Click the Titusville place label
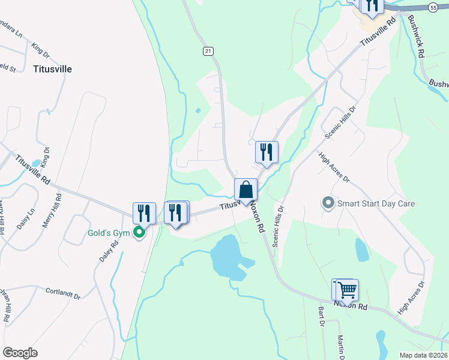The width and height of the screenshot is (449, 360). tap(53, 69)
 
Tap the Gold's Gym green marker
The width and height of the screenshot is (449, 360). tap(139, 232)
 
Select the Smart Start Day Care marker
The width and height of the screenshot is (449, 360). tap(328, 203)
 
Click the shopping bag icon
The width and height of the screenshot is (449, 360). tap(246, 190)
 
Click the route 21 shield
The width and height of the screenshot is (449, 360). tap(208, 52)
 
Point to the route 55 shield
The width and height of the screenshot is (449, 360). tap(433, 7)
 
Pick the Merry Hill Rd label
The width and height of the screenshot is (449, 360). tap(51, 209)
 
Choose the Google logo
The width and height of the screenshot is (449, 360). tap(20, 353)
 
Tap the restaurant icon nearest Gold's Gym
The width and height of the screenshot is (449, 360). tap(144, 214)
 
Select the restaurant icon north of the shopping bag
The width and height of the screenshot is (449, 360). tap(267, 152)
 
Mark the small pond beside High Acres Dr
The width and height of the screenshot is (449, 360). tap(361, 250)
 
